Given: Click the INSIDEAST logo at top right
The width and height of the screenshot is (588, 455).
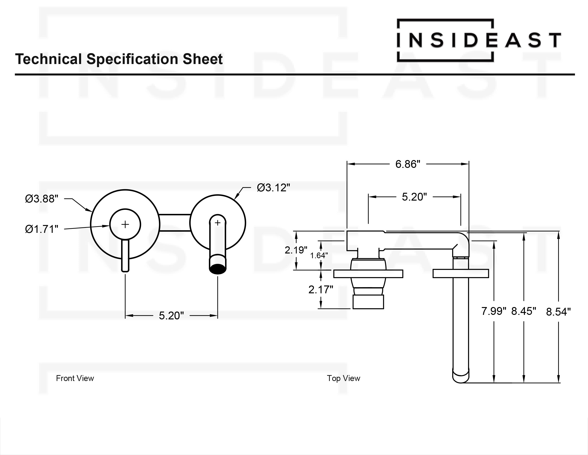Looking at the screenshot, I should (479, 40).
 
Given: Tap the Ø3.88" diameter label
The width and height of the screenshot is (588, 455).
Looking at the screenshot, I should (41, 199).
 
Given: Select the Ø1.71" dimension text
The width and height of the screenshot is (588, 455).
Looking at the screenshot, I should (41, 229).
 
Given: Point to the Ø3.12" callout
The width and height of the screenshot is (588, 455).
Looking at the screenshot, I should (273, 188).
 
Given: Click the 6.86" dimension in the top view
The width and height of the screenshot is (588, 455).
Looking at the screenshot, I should (408, 164).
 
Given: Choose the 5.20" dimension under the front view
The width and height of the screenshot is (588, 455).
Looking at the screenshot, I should (171, 316).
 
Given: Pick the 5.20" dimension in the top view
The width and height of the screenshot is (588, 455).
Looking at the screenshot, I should (414, 197).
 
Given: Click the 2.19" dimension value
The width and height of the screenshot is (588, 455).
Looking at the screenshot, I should (296, 250).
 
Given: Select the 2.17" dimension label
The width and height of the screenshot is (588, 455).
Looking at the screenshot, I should (321, 290).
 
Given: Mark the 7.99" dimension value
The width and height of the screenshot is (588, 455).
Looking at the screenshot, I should (493, 311).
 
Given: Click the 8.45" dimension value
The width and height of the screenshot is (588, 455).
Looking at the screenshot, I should (523, 311).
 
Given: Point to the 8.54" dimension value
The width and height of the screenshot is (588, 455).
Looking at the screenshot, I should (558, 312).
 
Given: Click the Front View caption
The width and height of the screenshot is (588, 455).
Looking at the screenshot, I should (75, 378).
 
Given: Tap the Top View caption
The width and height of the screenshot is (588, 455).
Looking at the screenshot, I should (343, 378).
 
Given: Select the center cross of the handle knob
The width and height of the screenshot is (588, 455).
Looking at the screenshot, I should (125, 224).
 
